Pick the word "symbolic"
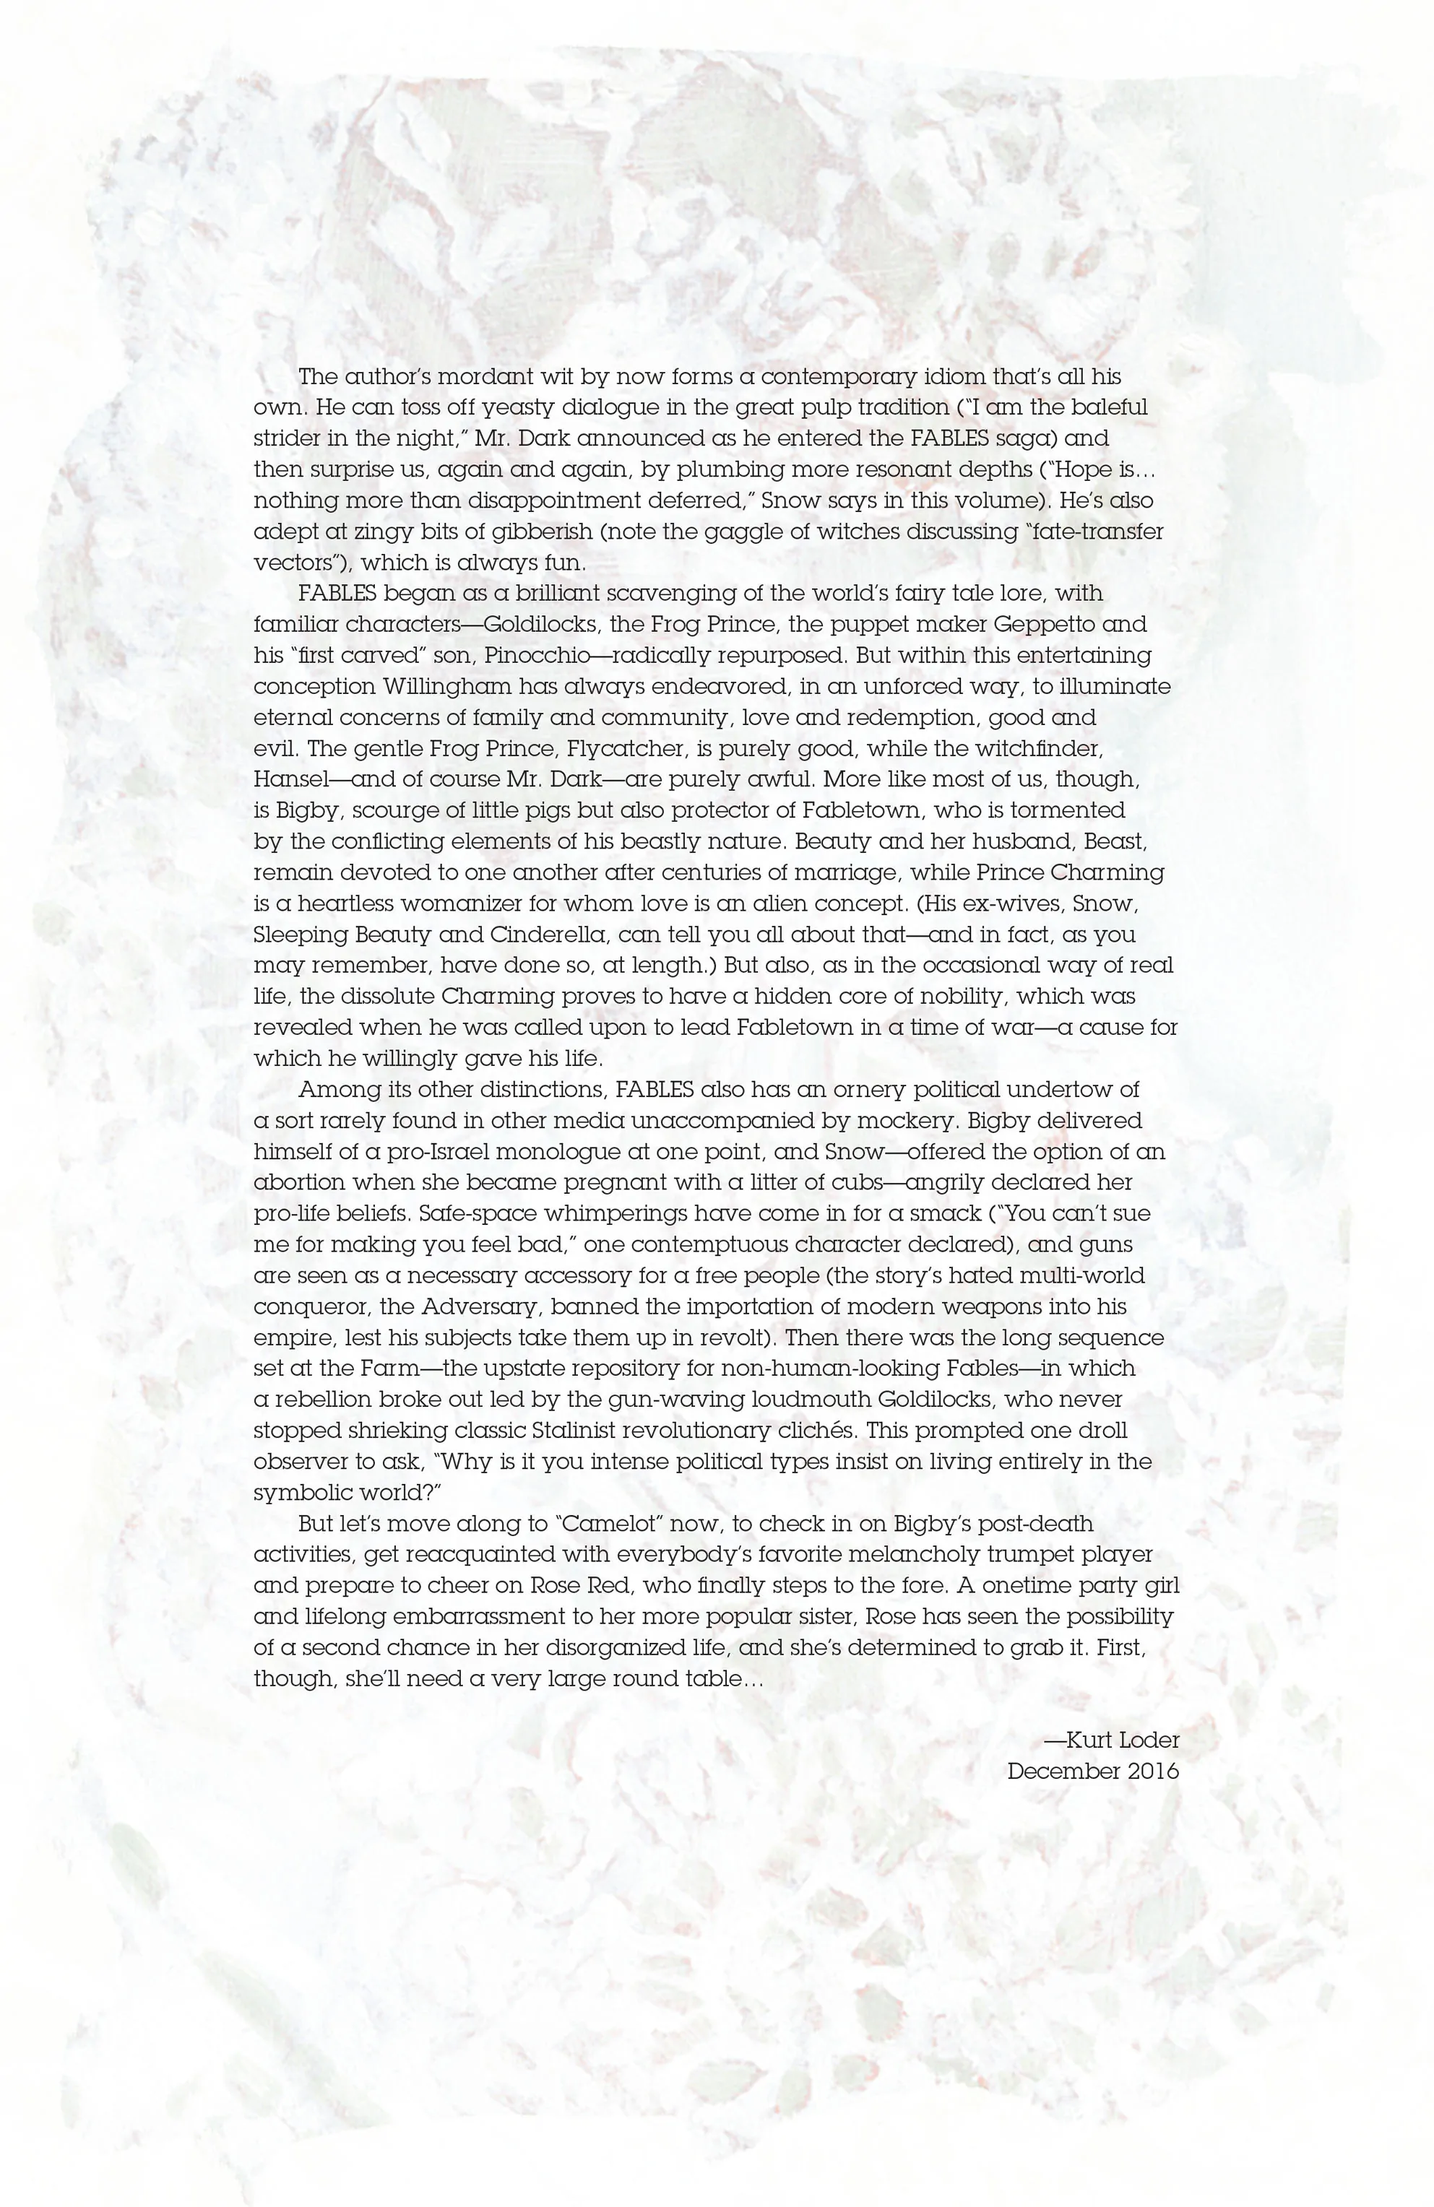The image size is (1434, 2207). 301,1493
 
